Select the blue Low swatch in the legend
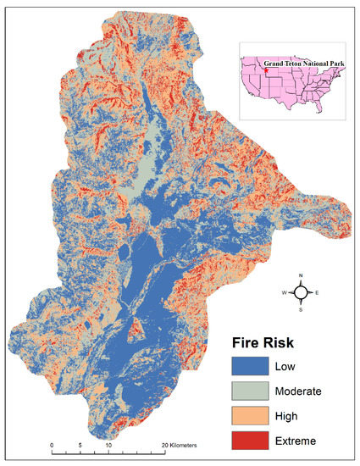[251, 367]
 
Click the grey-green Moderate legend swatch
[251, 391]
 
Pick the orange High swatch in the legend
[251, 416]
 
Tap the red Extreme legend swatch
[251, 441]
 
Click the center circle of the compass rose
[300, 292]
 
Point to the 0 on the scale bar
[52, 443]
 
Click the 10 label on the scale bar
[108, 443]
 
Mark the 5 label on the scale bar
[80, 443]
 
